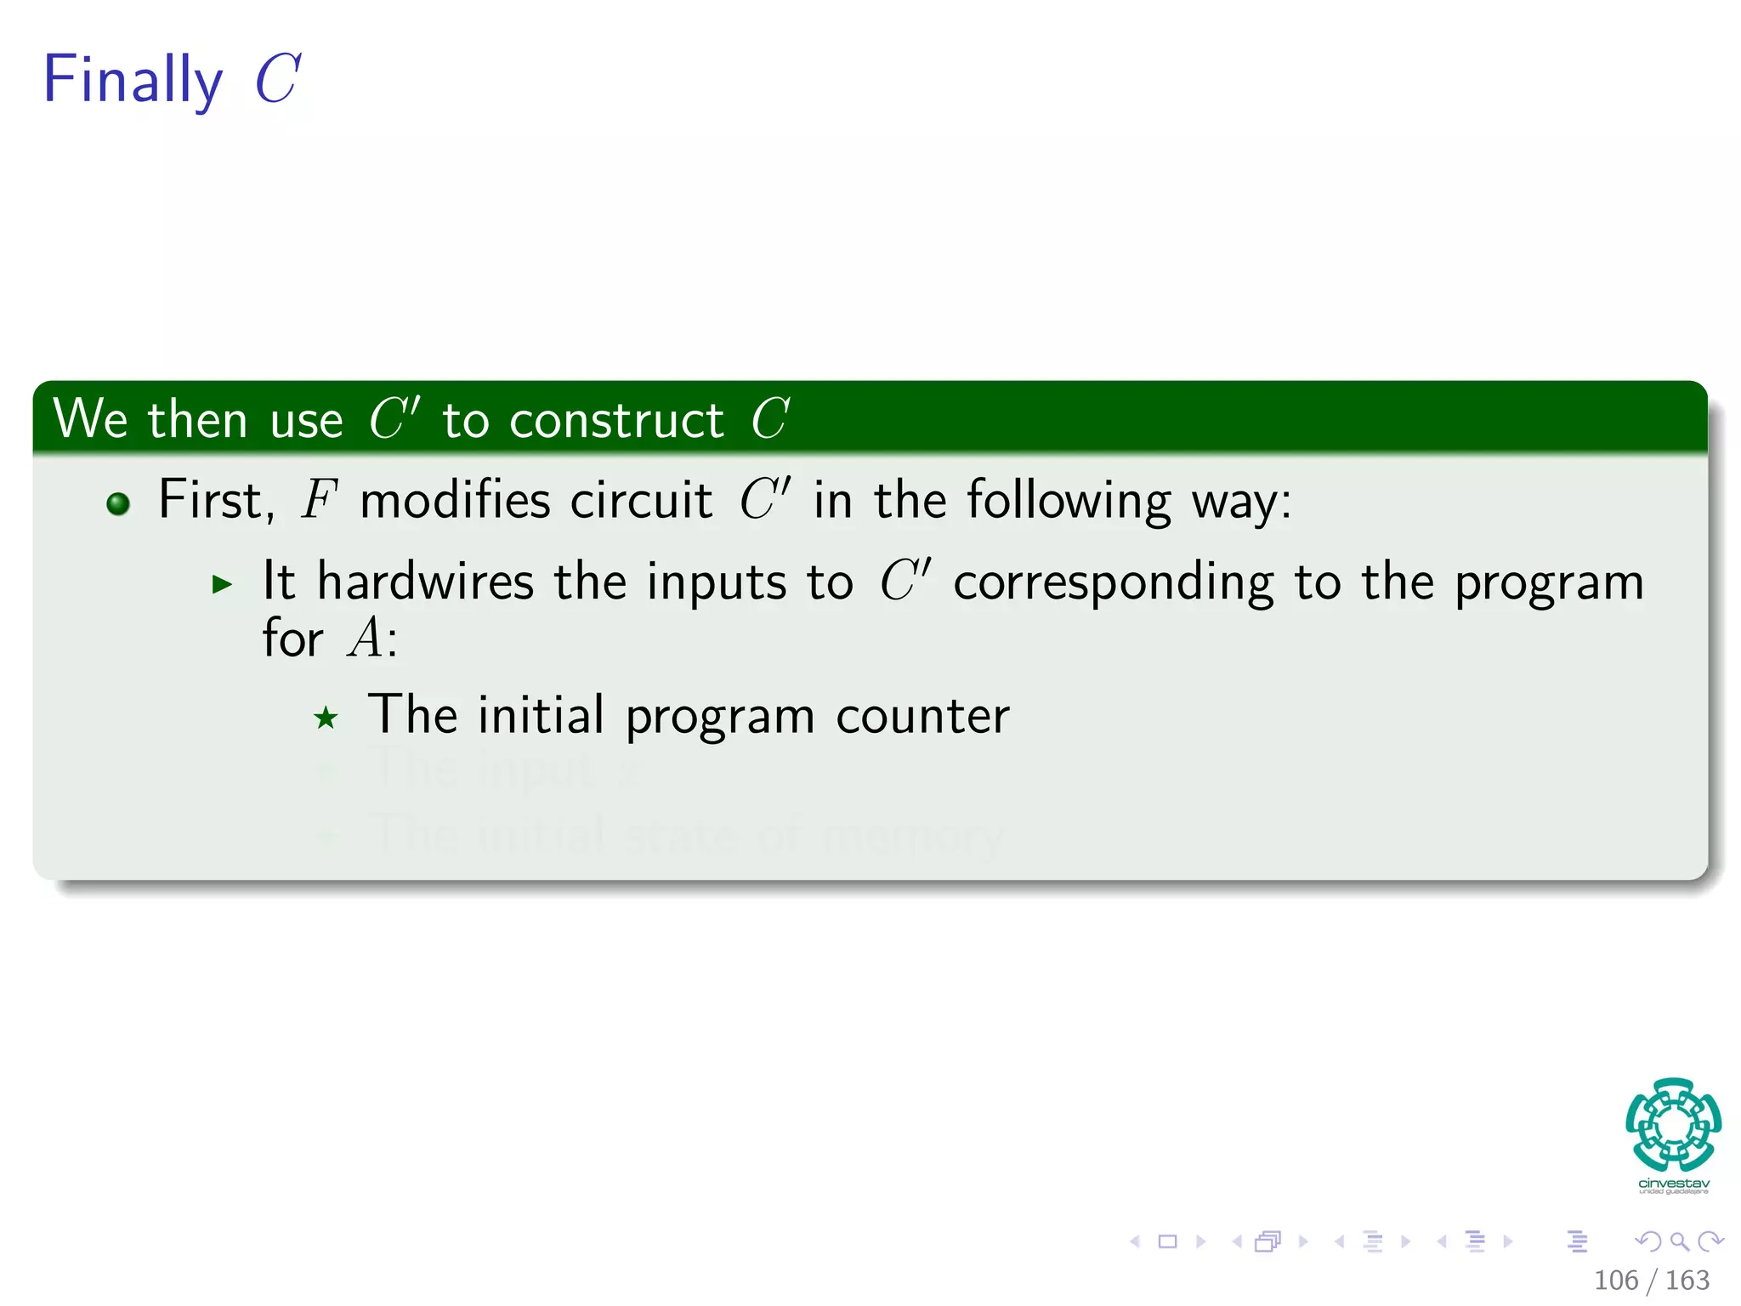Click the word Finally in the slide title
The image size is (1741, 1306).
132,80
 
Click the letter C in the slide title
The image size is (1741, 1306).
277,79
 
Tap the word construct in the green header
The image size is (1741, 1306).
615,420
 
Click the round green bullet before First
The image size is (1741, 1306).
118,503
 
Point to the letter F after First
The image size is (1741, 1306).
319,500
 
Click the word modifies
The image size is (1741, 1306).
454,500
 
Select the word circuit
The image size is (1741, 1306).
641,500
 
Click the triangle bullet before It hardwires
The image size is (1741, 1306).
223,584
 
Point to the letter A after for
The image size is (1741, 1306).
366,638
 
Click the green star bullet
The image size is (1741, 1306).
326,718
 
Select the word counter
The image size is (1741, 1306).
922,716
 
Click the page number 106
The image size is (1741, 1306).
1615,1280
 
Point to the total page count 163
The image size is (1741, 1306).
1687,1280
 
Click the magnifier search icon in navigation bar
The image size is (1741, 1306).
1679,1241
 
